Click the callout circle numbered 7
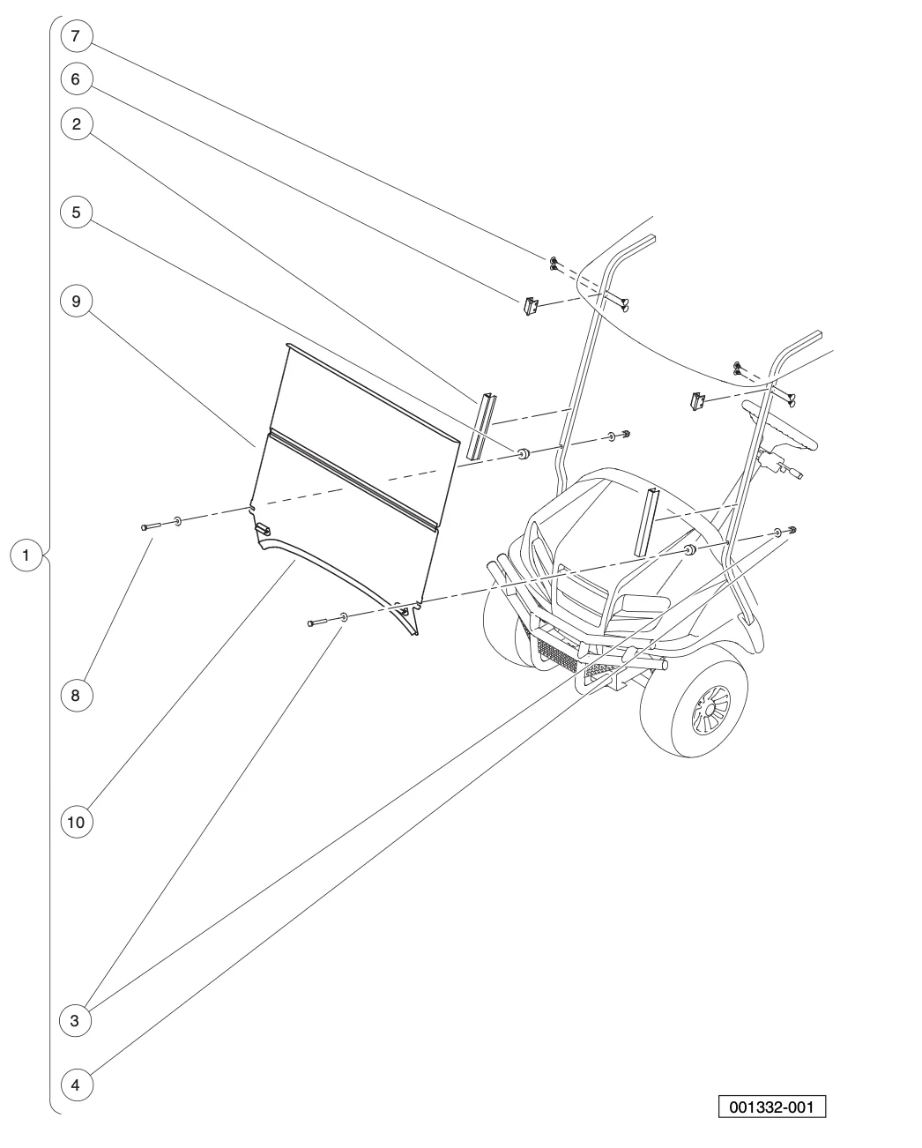point(76,36)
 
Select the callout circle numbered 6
point(76,79)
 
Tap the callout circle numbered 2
point(76,124)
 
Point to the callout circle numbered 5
point(76,212)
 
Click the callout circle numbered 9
point(76,301)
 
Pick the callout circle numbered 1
point(27,556)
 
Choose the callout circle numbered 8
point(76,696)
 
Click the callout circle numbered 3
point(76,1021)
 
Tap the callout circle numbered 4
point(76,1085)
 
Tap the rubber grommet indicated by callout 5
point(522,453)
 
